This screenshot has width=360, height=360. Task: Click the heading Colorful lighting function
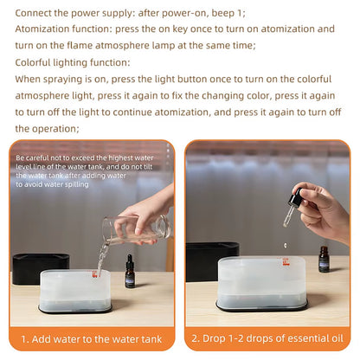(x=74, y=63)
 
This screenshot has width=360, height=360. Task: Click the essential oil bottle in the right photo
(x=325, y=258)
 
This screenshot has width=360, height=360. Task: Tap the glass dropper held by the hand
(x=289, y=211)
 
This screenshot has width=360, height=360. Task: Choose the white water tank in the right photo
(x=260, y=282)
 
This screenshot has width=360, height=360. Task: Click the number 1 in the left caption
(x=24, y=339)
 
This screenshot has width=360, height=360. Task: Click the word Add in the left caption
(x=45, y=339)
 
